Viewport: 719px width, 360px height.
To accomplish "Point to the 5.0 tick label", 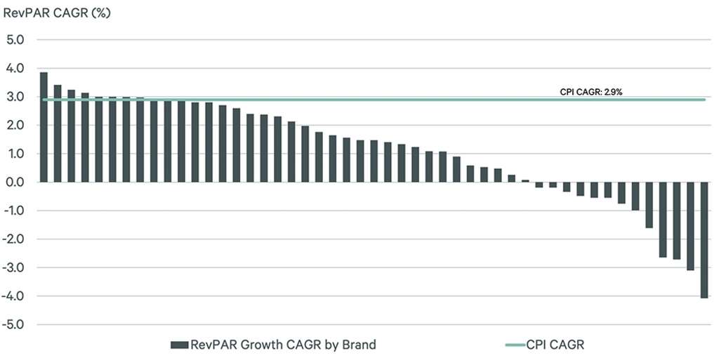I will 15,40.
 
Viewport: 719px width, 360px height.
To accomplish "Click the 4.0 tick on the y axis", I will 15,69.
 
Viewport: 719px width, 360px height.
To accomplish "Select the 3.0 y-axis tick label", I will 15,97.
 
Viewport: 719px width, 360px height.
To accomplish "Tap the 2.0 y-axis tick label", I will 15,126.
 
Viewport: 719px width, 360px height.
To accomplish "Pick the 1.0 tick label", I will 15,154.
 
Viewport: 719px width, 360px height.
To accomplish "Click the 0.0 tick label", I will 15,182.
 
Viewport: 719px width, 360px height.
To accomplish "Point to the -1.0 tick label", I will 14,211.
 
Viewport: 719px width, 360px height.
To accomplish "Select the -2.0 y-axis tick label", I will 14,239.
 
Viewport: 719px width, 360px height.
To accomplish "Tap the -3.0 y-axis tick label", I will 14,267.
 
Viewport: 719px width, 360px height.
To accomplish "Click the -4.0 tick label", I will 14,296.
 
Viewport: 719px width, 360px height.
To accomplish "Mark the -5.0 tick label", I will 14,324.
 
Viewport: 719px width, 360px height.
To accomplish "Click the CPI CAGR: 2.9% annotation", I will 592,92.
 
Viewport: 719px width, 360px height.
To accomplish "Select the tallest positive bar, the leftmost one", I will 44,127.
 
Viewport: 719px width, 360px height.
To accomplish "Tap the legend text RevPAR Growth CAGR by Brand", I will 283,345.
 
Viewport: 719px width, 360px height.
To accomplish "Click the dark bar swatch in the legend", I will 179,345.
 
